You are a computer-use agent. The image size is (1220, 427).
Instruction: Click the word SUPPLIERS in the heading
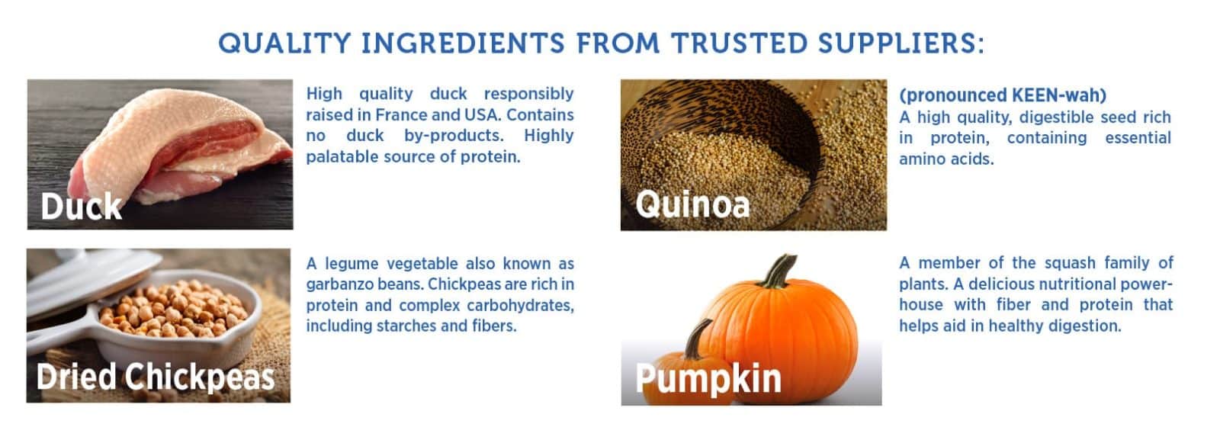(x=901, y=43)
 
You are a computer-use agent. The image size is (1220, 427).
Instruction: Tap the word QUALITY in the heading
(x=284, y=43)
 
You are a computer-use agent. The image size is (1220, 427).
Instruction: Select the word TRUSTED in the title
(x=739, y=43)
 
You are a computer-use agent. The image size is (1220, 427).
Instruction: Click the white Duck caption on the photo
(x=81, y=207)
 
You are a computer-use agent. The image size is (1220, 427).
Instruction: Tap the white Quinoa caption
(x=693, y=205)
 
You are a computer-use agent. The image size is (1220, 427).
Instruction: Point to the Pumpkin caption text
(x=708, y=378)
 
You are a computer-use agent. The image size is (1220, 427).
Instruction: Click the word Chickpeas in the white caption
(x=200, y=377)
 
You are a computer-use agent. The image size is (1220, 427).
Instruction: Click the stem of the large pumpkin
(x=780, y=271)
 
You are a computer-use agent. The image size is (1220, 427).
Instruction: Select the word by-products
(x=454, y=136)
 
